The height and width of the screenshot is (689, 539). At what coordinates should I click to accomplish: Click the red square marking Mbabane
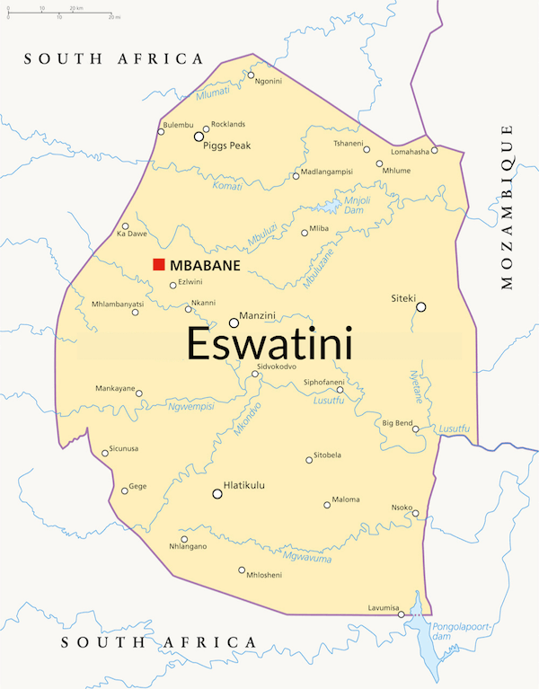158,264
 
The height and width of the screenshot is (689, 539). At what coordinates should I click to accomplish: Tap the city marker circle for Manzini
234,322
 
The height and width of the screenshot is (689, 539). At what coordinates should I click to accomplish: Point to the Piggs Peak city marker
199,137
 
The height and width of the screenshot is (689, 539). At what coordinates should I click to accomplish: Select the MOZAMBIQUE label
508,206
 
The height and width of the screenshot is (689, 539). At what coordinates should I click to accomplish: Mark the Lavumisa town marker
401,614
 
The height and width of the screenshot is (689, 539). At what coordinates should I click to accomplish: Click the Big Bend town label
397,422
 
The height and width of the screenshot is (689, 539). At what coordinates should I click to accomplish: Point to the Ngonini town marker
251,75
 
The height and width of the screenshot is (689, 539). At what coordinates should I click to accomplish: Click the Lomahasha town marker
435,150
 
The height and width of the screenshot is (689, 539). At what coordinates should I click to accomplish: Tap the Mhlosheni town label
264,576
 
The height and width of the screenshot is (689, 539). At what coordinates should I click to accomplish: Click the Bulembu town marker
161,132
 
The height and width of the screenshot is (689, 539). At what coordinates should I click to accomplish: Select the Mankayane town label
115,389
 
